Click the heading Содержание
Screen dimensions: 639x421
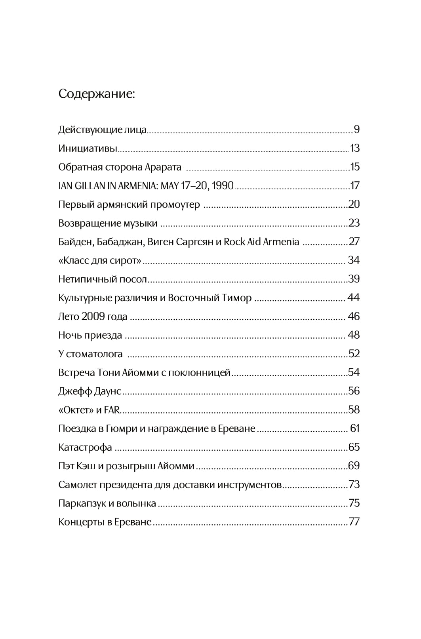pos(97,94)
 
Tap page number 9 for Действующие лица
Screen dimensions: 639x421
pos(356,129)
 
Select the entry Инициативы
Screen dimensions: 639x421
pos(88,148)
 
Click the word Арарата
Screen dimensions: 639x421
pos(163,167)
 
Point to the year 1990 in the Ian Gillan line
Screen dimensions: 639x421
pos(222,186)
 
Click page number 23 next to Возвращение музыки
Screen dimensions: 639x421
pos(354,223)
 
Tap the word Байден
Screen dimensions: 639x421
pos(75,242)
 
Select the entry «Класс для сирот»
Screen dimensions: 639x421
pos(100,260)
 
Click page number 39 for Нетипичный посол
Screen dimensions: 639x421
pos(354,279)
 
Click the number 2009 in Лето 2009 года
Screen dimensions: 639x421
pos(93,317)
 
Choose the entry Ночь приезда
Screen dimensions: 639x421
pos(90,335)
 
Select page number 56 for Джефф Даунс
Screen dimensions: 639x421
pos(354,391)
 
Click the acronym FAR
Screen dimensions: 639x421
pos(112,410)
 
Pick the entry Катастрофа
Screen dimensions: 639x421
pos(85,447)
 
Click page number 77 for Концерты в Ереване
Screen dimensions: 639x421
pos(354,522)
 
